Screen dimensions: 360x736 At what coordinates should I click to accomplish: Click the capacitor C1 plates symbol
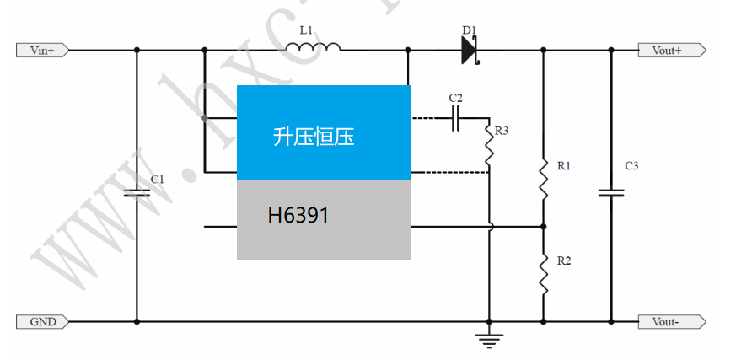137,193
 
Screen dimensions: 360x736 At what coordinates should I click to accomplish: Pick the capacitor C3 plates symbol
611,193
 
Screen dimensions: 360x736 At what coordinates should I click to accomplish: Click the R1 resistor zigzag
544,179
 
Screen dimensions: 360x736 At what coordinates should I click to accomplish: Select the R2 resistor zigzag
544,274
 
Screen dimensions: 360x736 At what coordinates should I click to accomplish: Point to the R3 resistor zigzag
489,144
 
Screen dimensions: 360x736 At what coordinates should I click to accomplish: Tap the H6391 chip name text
298,216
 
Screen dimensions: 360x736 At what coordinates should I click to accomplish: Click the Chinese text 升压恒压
314,136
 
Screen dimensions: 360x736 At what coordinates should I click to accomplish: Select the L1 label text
306,30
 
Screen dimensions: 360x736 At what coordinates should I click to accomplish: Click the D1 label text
470,30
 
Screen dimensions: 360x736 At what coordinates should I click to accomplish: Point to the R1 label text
564,166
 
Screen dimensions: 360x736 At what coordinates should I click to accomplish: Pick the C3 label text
631,166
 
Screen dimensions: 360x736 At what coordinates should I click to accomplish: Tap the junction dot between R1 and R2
544,226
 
